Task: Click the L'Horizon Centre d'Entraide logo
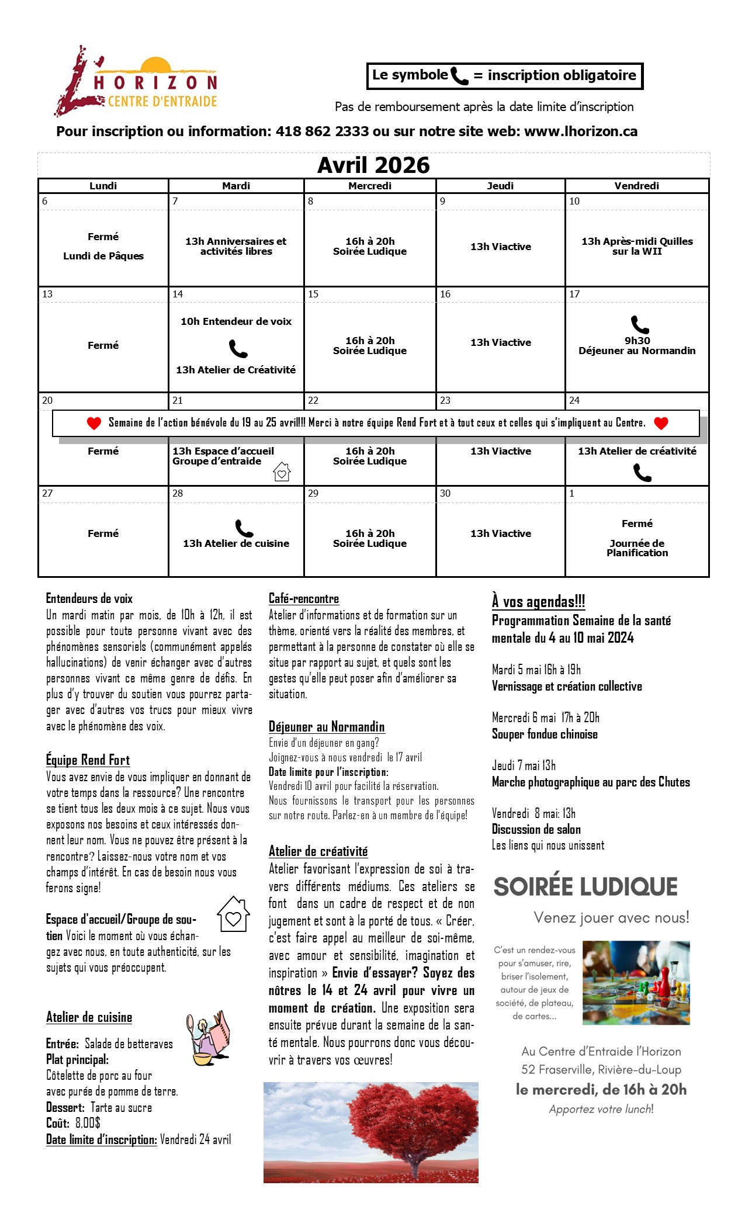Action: pyautogui.click(x=136, y=81)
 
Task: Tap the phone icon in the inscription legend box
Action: pyautogui.click(x=459, y=76)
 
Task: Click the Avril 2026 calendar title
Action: pyautogui.click(x=373, y=165)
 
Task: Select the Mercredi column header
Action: pyautogui.click(x=370, y=186)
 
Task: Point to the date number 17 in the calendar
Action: pyautogui.click(x=574, y=294)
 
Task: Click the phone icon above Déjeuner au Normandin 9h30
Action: pyautogui.click(x=640, y=324)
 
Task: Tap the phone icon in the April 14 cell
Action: pyautogui.click(x=238, y=349)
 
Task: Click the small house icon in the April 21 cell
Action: pyautogui.click(x=282, y=471)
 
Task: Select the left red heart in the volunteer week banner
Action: pyautogui.click(x=94, y=423)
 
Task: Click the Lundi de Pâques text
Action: pyautogui.click(x=103, y=256)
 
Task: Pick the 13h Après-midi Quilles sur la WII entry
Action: pyautogui.click(x=637, y=246)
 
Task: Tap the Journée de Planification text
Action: pyautogui.click(x=637, y=547)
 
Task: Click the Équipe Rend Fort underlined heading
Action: pyautogui.click(x=88, y=760)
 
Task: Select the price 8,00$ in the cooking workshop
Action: pyautogui.click(x=88, y=1122)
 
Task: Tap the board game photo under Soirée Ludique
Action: pyautogui.click(x=636, y=982)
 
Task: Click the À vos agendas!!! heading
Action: pyautogui.click(x=538, y=601)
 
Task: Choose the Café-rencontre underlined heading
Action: pyautogui.click(x=303, y=598)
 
